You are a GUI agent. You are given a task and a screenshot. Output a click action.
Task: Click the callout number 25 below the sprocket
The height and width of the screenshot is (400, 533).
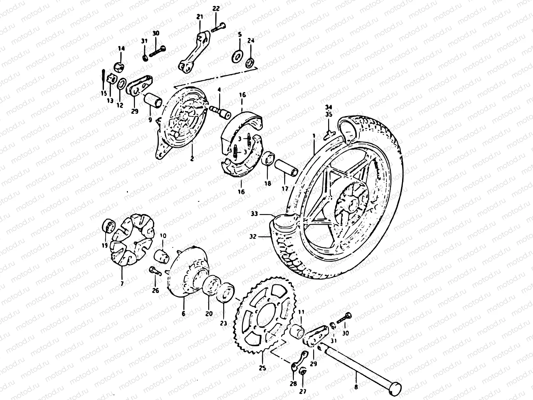(x=262, y=368)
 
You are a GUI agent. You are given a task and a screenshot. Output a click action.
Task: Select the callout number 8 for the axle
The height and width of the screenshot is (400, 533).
(x=356, y=387)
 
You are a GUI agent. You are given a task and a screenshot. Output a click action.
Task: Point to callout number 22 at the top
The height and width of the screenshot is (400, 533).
(x=216, y=9)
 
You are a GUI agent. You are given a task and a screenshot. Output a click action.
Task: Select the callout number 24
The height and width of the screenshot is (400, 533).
(x=251, y=41)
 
